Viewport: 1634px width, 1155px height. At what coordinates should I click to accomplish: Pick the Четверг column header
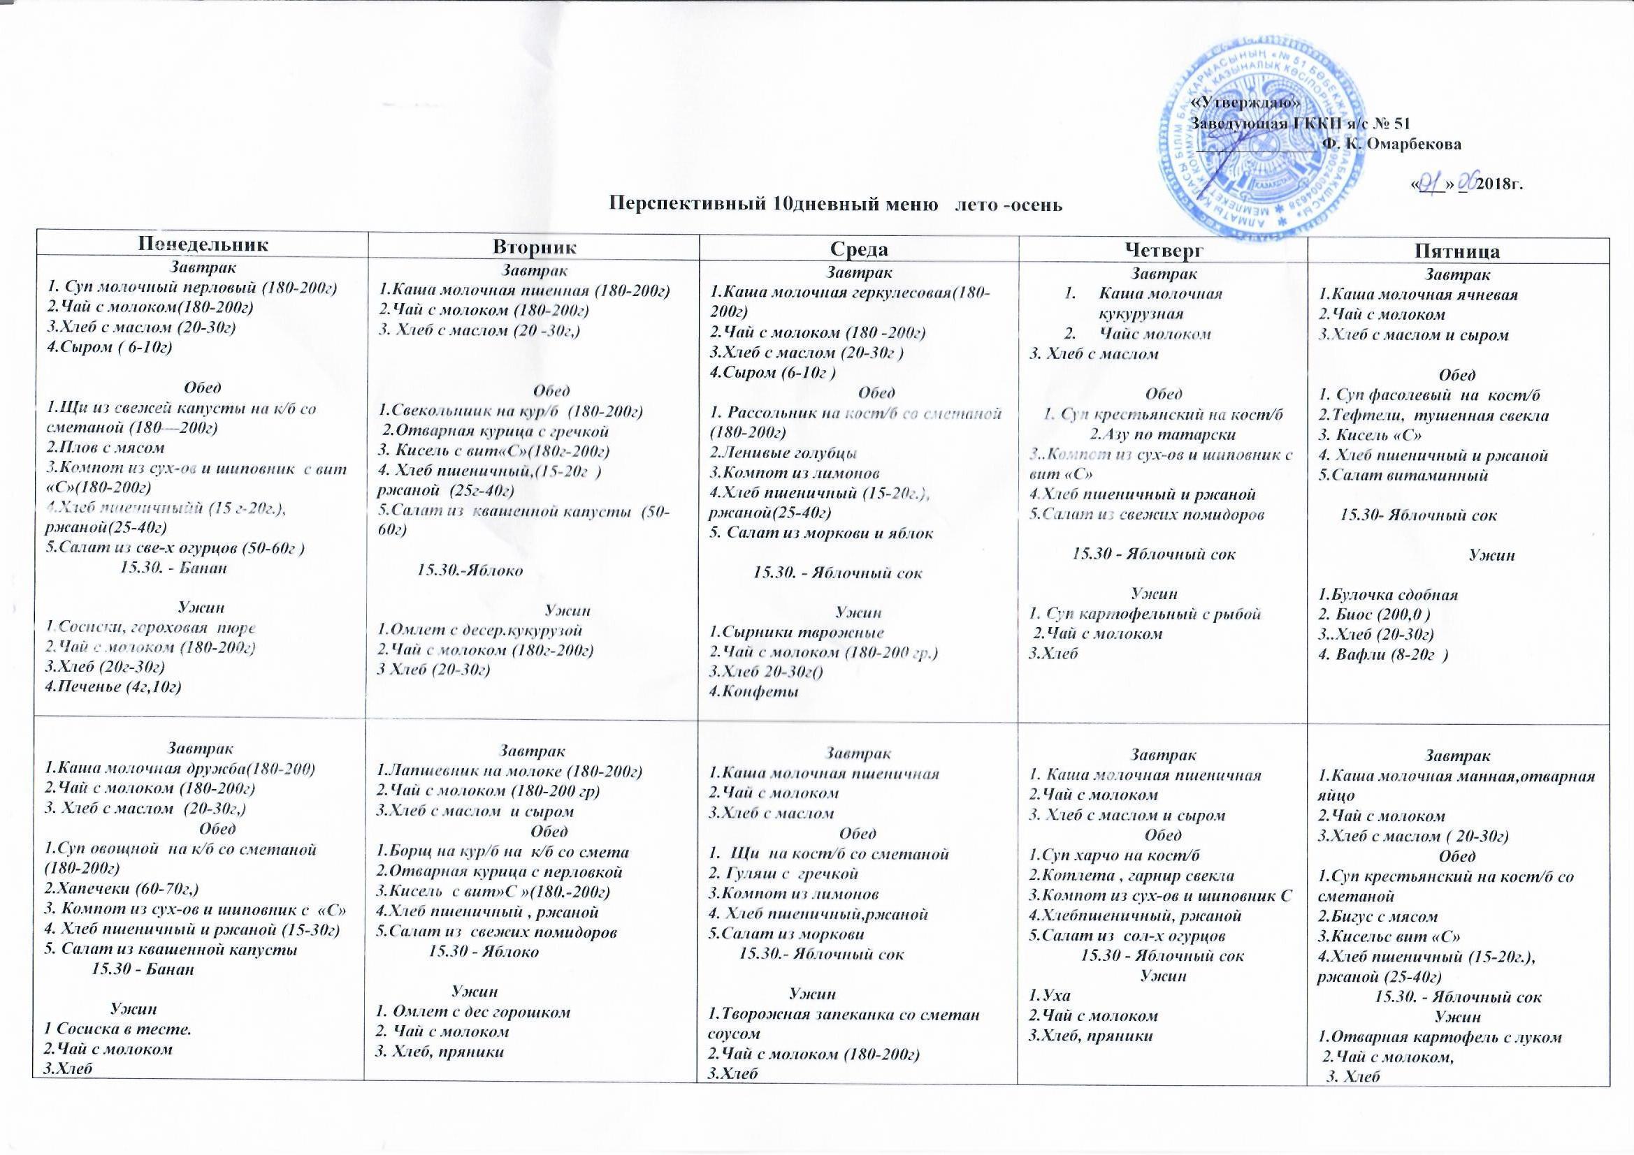tap(1163, 249)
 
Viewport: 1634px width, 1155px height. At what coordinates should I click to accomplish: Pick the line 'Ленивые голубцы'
tap(783, 453)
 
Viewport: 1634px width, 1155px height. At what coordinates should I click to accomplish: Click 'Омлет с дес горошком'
tap(473, 1010)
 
